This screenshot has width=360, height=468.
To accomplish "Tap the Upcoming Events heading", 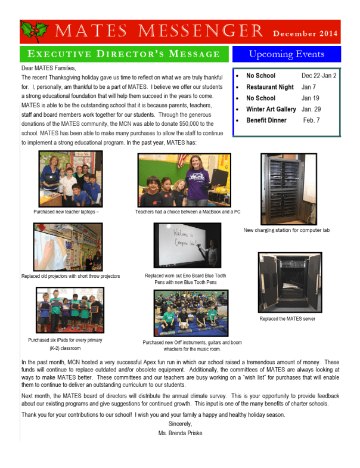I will coord(286,54).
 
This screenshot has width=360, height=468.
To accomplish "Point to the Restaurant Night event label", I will coord(269,87).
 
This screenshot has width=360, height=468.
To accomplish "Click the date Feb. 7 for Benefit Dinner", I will coord(312,120).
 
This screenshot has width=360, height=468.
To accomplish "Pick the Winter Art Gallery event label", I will coord(271,109).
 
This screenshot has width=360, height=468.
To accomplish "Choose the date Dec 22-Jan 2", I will coord(319,76).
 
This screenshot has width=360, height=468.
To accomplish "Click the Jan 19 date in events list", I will coord(311,98).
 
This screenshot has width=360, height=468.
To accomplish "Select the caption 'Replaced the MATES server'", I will coord(287,318).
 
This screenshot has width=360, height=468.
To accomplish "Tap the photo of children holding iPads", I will coord(70,310).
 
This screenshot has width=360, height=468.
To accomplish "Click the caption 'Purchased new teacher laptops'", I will coord(67,212).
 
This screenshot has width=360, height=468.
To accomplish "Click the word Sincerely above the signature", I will coord(180,424).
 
